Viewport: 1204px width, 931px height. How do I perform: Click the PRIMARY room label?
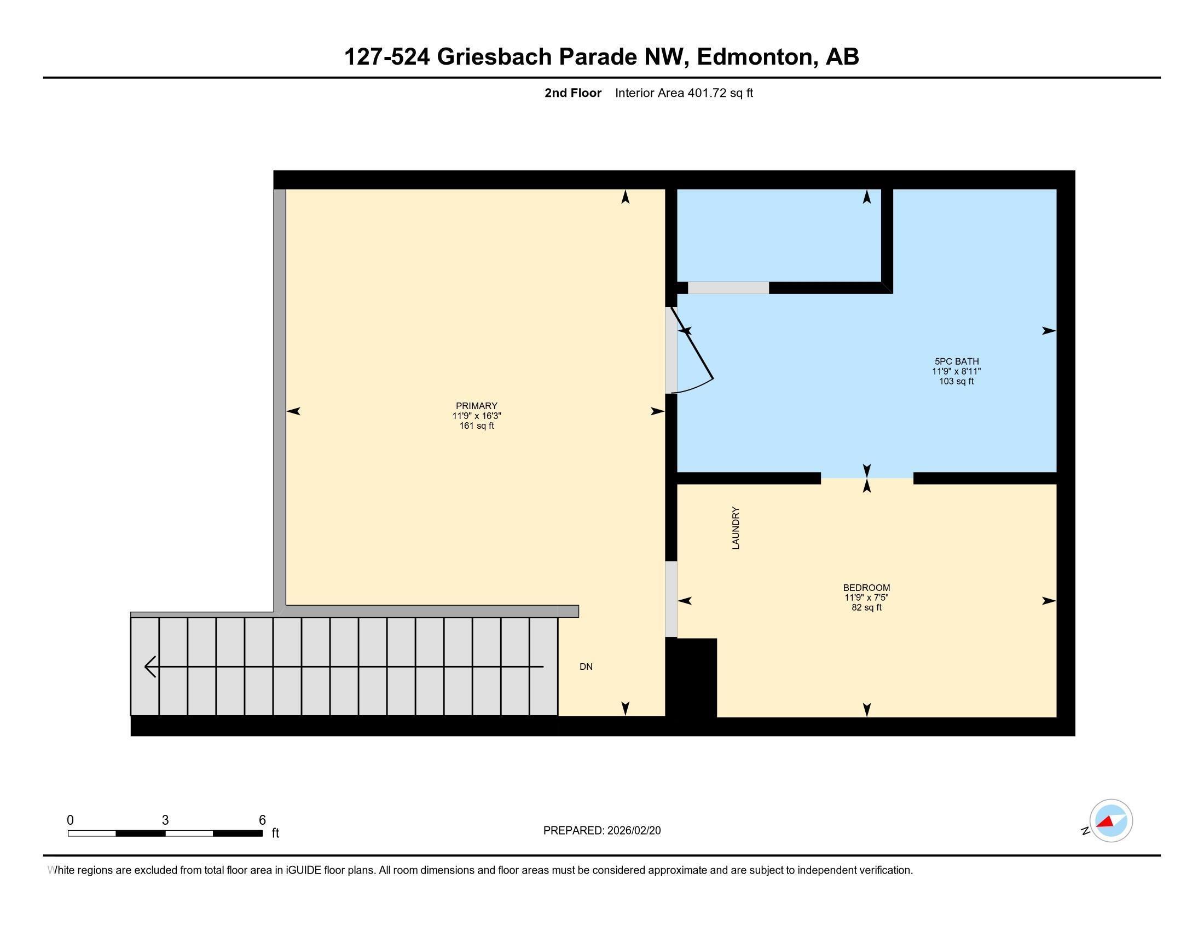[476, 405]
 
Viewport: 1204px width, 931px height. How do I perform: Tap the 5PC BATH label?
[956, 361]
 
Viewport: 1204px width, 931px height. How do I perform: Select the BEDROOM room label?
[866, 588]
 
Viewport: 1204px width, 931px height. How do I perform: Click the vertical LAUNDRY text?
[736, 528]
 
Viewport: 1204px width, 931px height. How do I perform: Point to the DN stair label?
[586, 666]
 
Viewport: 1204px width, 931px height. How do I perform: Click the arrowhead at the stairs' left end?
[150, 666]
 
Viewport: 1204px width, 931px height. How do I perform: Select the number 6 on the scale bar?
[262, 820]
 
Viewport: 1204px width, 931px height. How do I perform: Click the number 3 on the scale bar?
[165, 820]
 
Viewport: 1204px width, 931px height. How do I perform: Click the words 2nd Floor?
[572, 93]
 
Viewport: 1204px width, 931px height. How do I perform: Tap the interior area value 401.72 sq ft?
[719, 93]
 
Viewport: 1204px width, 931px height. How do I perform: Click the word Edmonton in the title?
[757, 57]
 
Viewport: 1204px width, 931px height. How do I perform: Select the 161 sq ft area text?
[476, 426]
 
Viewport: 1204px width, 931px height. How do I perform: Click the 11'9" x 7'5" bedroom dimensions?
[866, 597]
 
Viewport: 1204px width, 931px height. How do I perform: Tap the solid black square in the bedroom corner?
[691, 677]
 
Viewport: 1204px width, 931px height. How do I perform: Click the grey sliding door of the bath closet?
[728, 288]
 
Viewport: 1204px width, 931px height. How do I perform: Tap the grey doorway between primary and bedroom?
[671, 599]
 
